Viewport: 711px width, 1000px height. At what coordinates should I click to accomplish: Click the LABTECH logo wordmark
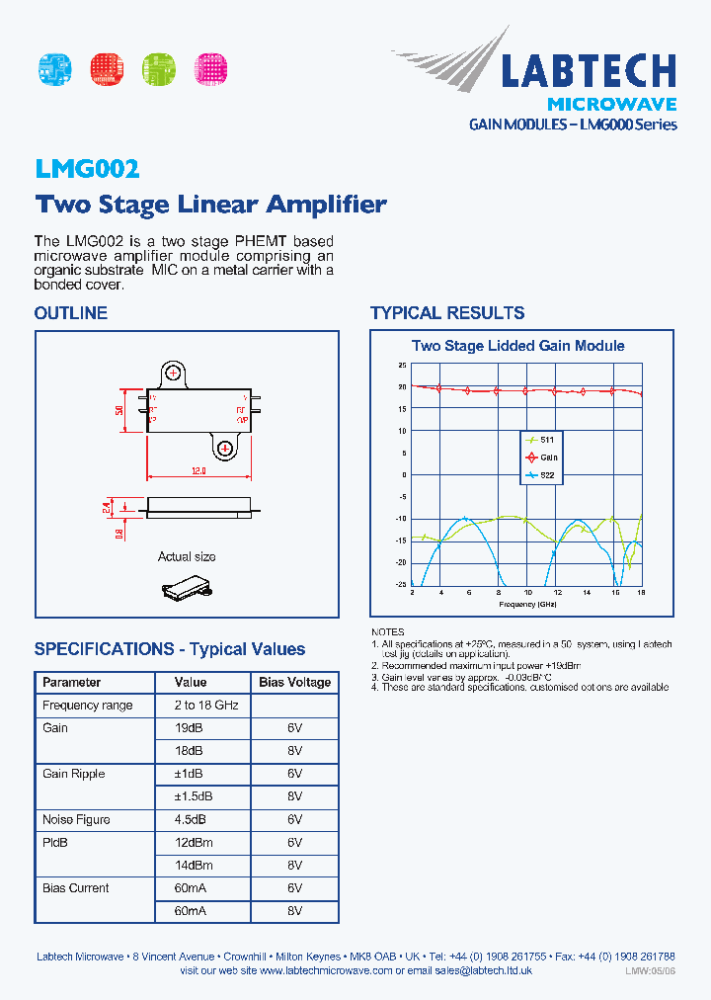588,71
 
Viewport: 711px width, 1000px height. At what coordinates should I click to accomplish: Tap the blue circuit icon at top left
54,68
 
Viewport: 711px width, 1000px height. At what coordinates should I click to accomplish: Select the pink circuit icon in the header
210,68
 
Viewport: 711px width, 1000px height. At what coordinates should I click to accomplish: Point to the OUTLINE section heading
70,313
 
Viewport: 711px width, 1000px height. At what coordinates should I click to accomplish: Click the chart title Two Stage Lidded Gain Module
517,346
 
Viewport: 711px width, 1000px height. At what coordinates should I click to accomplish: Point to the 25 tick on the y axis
403,365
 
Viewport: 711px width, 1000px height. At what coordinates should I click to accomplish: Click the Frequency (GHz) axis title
529,603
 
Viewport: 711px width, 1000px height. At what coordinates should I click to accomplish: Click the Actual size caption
187,557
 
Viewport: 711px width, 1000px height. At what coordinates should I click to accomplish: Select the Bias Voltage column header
295,683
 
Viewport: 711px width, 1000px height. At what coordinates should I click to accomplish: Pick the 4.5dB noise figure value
191,819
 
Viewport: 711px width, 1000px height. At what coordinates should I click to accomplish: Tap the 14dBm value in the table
194,865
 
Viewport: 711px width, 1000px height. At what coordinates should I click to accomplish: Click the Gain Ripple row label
73,774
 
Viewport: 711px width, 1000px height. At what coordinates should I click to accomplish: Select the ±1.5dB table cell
194,795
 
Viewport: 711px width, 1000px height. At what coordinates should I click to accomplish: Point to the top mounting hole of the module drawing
175,373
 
